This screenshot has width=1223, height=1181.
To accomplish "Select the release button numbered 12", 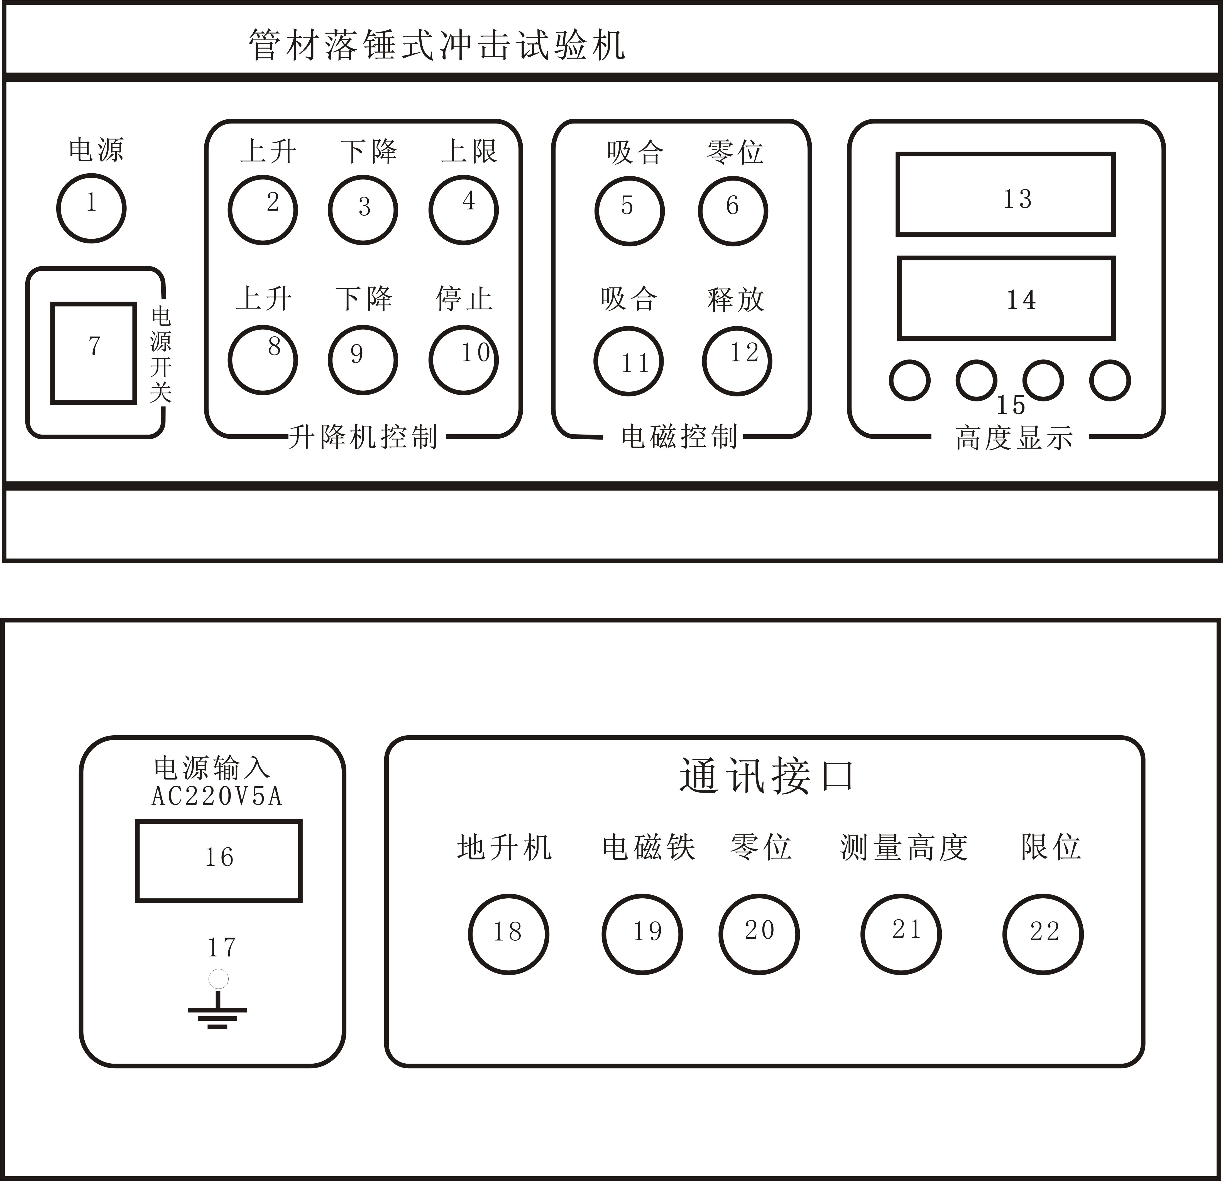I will [737, 361].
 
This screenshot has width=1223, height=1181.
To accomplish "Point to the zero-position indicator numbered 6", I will [733, 211].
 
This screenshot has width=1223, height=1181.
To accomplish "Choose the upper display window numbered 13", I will [1005, 194].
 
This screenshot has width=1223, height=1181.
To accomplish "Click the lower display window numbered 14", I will [1006, 298].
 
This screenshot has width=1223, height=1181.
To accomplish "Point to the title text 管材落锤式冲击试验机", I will [437, 45].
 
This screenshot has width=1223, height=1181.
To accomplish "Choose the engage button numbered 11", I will [629, 361].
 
